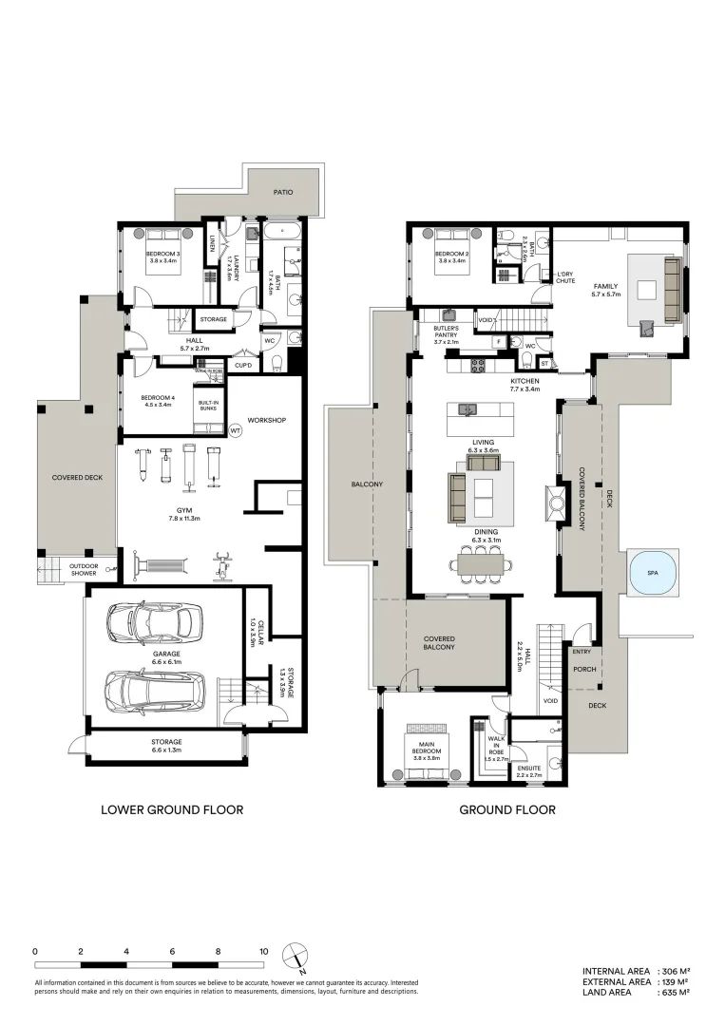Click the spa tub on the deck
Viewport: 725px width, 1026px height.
coord(651,574)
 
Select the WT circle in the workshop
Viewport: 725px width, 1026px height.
coord(236,430)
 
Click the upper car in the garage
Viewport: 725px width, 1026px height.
coord(155,622)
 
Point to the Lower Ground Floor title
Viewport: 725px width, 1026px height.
coord(172,810)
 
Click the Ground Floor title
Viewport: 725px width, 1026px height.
coord(507,810)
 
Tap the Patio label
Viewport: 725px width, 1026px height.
coord(283,192)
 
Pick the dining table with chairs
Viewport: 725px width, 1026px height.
coord(483,564)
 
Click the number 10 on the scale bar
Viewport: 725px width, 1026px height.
coord(264,951)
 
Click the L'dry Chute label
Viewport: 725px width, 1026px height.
coord(565,276)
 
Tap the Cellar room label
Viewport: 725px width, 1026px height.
coord(253,630)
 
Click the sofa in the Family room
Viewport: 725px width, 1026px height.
coord(673,286)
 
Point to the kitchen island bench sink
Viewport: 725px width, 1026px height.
coord(467,410)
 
